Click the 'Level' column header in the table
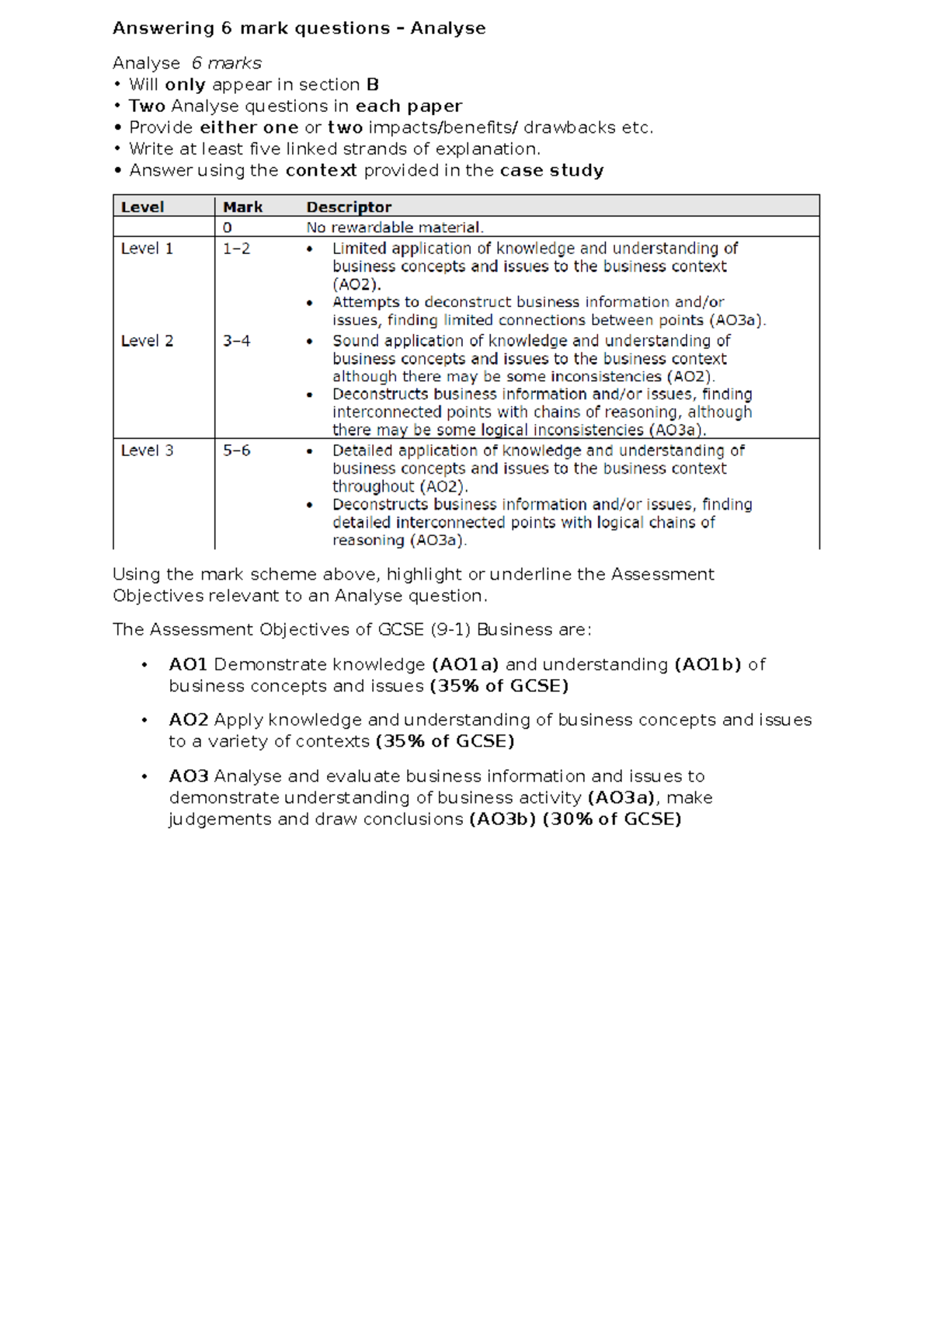142,207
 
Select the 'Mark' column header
242,207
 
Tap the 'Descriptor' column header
349,207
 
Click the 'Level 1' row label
147,249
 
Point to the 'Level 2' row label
147,341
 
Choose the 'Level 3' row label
147,451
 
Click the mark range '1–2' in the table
236,249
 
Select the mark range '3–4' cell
236,341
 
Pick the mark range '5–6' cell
236,451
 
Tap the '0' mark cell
228,228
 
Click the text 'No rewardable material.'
395,228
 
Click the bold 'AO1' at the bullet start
188,665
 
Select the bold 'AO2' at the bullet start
188,720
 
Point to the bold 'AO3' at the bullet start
188,777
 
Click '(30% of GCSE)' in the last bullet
611,820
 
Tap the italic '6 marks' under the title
226,63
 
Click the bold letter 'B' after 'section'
373,85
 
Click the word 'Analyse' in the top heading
448,29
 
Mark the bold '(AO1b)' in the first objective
708,665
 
